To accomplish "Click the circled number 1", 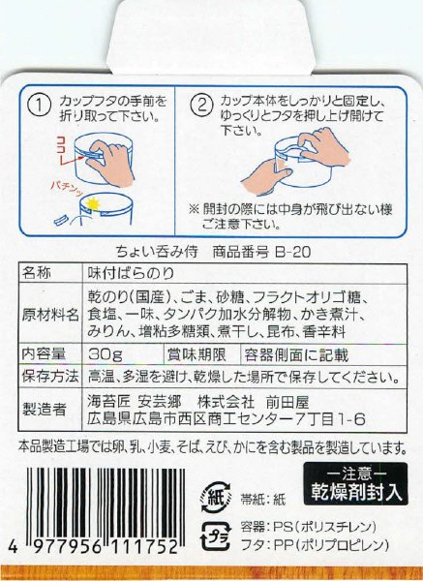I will coord(41,103).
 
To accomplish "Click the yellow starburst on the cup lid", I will coord(93,201).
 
